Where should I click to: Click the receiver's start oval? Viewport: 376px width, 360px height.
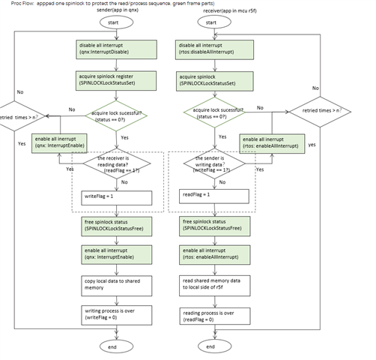pyautogui.click(x=210, y=22)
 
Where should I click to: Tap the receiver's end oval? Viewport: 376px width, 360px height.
pyautogui.click(x=210, y=346)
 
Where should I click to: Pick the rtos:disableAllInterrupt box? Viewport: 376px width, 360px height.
pyautogui.click(x=211, y=49)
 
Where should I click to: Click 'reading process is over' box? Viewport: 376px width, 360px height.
pyautogui.click(x=211, y=315)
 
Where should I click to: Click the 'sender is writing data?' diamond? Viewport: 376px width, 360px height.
pyautogui.click(x=210, y=165)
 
